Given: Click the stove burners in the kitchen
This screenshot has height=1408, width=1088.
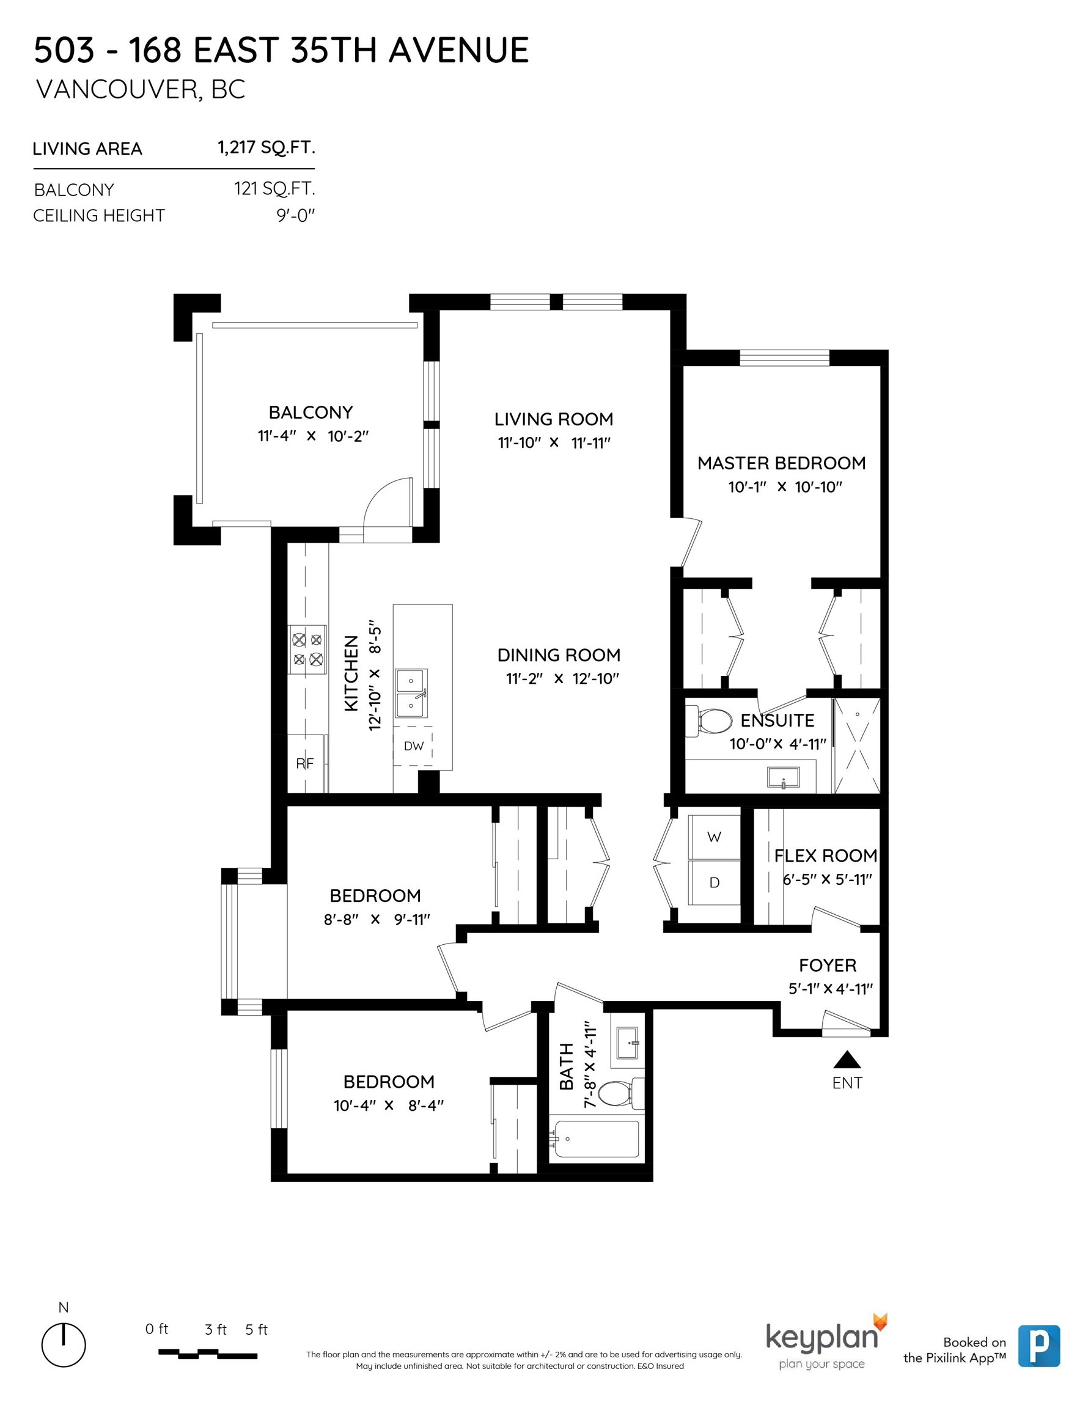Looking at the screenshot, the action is coord(307,650).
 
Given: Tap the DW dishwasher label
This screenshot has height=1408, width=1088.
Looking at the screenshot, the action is coord(413,746).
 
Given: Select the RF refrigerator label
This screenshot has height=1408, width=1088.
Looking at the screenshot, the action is coord(304,763).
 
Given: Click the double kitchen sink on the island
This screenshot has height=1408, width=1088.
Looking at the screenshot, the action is coord(411,694).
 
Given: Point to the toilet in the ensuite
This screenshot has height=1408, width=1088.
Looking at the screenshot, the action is coord(710,721).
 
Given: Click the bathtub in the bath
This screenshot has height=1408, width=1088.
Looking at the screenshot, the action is coord(594,1139).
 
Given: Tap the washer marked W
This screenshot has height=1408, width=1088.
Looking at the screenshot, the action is coord(714,837).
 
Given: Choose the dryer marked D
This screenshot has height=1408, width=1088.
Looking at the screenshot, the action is coord(714,882).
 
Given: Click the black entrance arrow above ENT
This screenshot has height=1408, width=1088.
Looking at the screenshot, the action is coord(847,1059).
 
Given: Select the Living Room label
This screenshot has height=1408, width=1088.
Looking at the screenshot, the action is coord(553,419).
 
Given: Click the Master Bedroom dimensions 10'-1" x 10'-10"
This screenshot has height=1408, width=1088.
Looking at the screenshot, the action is coord(785,486).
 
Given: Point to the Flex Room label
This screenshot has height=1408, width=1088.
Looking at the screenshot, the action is coord(826,856).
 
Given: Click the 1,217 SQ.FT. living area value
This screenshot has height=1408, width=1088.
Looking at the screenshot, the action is coord(266,148).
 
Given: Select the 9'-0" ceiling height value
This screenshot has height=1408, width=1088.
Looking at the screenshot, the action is coord(295,215).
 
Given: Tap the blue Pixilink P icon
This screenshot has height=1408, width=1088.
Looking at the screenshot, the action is coord(1039,1346).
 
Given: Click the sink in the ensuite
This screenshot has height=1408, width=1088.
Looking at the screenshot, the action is coord(783,777).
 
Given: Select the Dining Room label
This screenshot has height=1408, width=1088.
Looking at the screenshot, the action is coord(559,655).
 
